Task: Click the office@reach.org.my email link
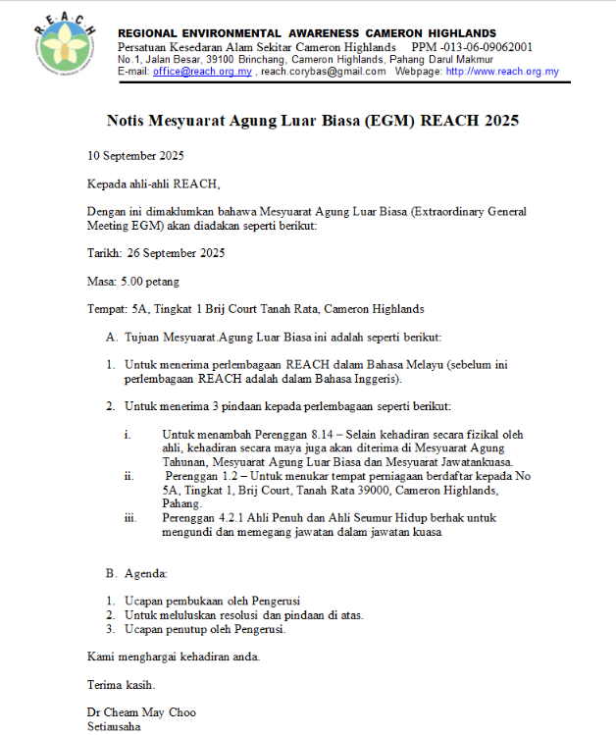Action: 203,72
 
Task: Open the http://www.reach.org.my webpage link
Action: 501,72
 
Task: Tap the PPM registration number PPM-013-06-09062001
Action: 473,47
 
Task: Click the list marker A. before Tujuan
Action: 112,337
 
